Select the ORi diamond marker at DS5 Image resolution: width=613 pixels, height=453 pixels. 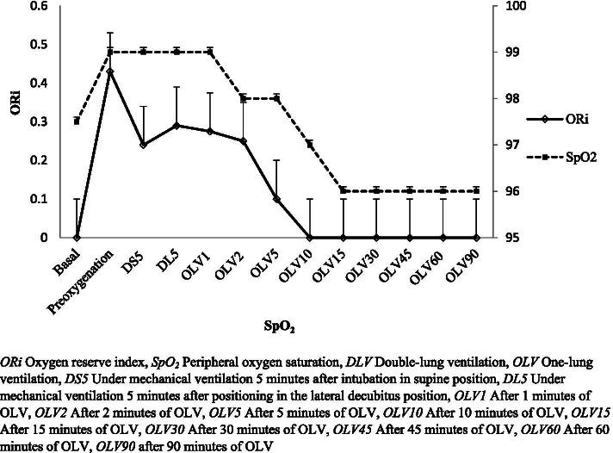pos(144,145)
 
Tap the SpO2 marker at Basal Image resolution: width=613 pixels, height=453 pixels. pos(77,121)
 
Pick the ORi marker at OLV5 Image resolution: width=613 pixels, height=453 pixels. pos(276,199)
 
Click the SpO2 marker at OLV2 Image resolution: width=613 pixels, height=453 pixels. pos(244,98)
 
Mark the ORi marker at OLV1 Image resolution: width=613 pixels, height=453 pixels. pos(210,131)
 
